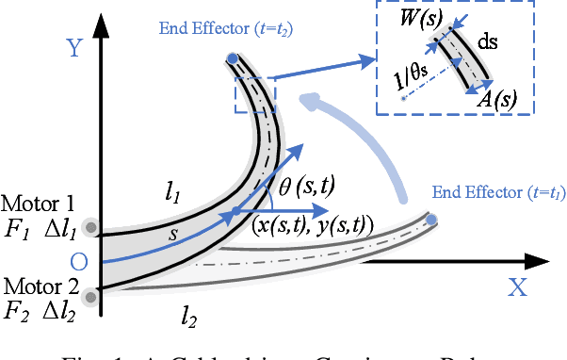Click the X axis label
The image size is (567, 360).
517,288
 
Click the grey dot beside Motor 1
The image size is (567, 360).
90,227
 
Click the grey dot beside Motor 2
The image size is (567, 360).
90,299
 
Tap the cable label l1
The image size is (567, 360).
171,194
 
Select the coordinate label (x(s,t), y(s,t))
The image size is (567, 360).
313,225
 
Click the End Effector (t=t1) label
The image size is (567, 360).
496,192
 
